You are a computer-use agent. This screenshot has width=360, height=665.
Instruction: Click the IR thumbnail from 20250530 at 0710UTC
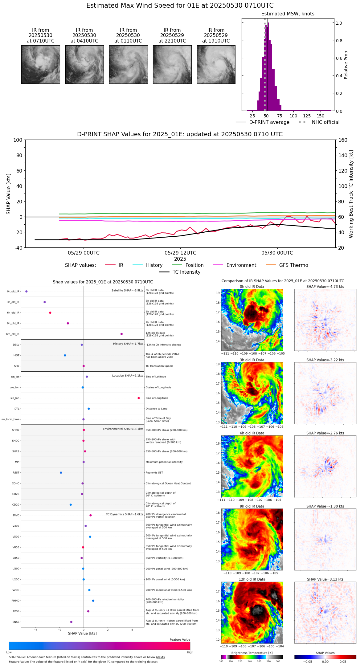(40, 64)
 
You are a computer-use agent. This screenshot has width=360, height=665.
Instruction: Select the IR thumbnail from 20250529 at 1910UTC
(216, 64)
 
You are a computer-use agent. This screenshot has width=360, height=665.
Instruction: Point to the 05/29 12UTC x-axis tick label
(180, 253)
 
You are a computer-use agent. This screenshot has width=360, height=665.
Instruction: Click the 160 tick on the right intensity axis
(343, 140)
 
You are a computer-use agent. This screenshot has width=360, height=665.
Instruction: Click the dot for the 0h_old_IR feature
(27, 292)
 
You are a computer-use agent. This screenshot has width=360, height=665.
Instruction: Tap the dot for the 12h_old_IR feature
(121, 334)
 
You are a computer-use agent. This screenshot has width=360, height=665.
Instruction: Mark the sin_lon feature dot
(139, 398)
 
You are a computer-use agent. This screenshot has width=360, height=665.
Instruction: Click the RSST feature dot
(61, 473)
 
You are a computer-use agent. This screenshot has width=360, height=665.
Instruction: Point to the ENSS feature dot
(71, 622)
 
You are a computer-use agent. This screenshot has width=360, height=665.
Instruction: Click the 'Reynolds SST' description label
(154, 473)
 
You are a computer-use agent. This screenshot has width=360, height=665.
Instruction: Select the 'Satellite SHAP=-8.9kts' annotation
(127, 291)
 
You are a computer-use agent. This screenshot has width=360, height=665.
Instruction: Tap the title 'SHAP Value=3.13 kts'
(325, 579)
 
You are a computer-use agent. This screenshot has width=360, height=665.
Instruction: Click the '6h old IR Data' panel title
(252, 433)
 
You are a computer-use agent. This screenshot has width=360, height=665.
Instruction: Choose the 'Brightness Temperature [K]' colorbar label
(252, 653)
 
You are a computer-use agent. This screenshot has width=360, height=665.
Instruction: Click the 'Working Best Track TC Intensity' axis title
(351, 194)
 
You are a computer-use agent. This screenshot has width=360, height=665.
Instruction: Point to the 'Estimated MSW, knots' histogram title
(288, 14)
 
